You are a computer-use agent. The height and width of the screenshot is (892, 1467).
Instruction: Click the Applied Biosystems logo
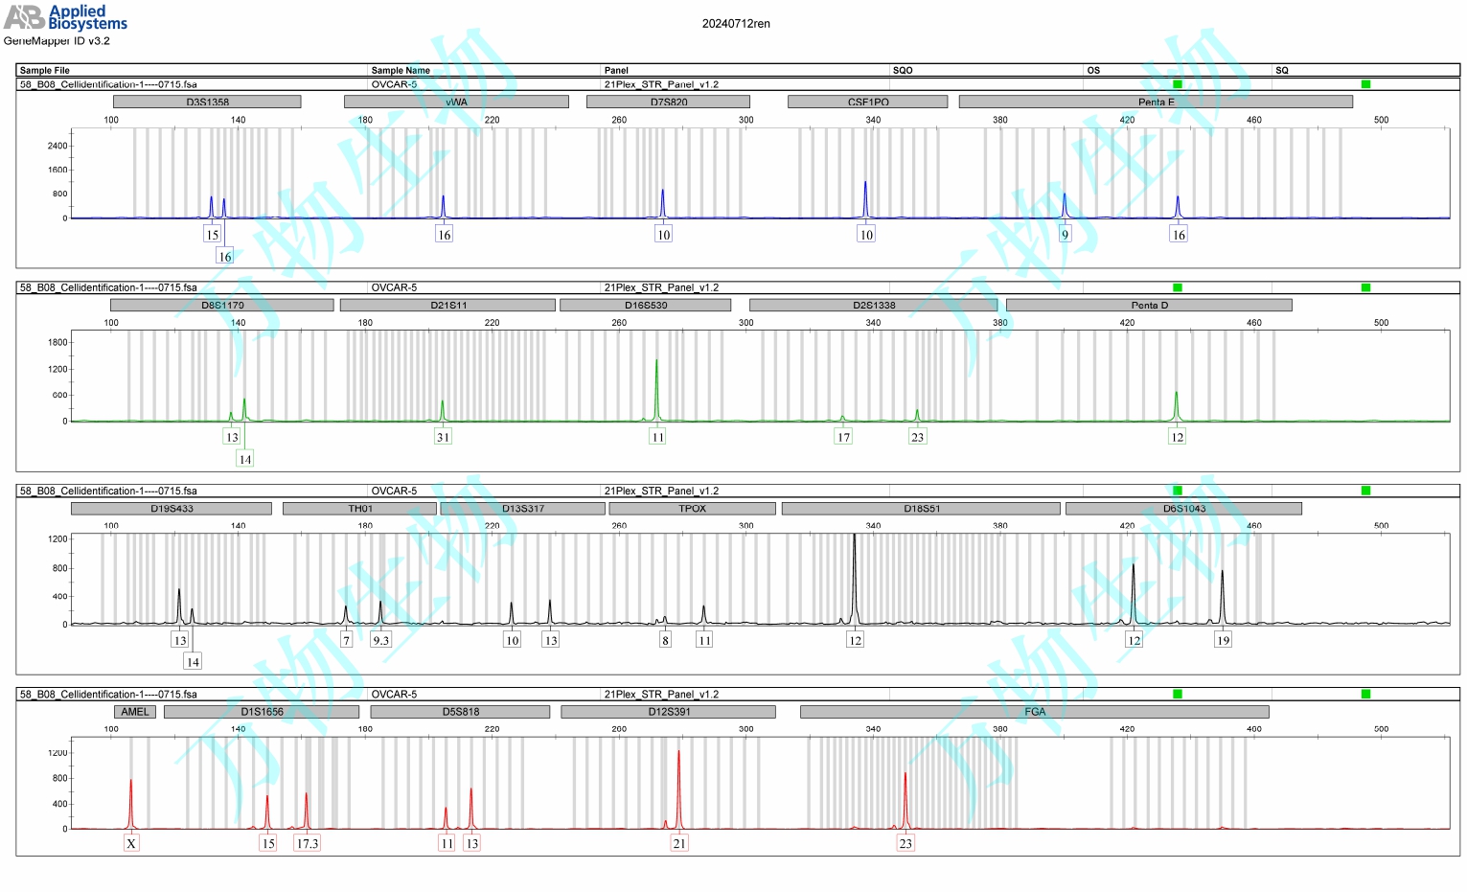(65, 16)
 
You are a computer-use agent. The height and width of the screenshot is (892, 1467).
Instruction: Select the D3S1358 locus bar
(207, 102)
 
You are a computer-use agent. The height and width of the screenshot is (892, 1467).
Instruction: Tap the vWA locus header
(456, 102)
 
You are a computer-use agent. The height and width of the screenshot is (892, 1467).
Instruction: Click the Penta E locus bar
(1156, 102)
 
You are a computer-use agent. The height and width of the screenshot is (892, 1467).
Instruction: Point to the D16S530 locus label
(645, 305)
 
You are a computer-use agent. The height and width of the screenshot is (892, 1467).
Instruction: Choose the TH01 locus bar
(359, 509)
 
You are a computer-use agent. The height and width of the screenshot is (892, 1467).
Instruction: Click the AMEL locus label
(135, 712)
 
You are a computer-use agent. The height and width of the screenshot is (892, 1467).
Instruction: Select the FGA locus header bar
(1034, 712)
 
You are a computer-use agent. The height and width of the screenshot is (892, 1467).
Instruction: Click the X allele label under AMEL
(131, 843)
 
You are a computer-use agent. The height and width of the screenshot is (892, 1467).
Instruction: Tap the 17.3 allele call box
(307, 843)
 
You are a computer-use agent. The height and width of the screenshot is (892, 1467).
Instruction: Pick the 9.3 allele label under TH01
(380, 640)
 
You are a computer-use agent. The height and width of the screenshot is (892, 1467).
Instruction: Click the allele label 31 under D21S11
(443, 437)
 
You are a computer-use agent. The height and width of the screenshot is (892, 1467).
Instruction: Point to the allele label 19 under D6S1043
(1223, 640)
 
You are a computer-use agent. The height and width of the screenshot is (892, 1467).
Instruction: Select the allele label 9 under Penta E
(1065, 235)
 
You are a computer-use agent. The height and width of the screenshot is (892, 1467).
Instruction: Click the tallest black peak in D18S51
(855, 575)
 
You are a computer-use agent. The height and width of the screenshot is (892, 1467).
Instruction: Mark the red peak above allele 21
(678, 786)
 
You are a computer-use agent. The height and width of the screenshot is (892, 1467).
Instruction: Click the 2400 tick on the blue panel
(57, 146)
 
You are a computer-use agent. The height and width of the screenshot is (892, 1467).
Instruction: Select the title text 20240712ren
(736, 24)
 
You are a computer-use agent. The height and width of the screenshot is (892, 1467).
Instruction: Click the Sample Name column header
(401, 70)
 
